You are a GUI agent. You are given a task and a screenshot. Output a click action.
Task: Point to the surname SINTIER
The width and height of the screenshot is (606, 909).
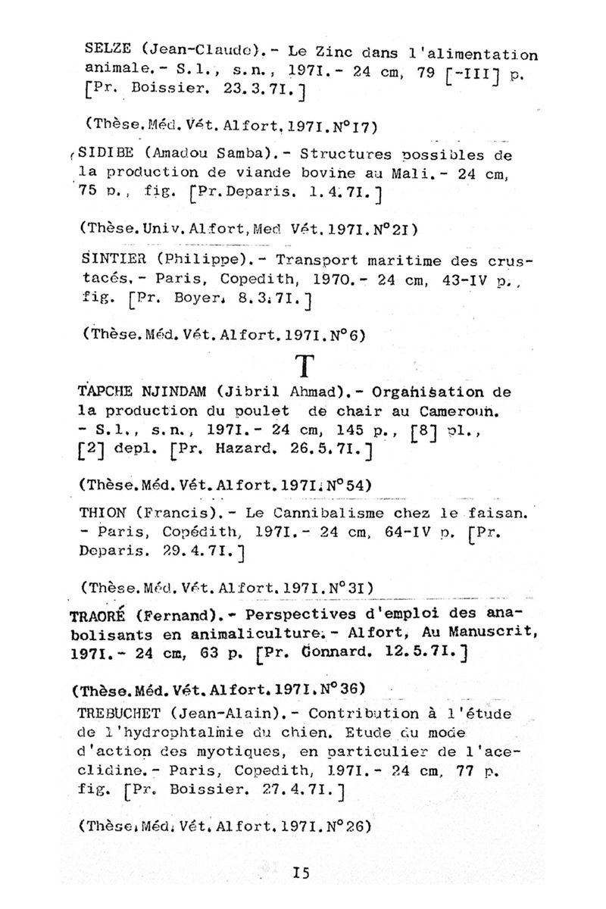(x=111, y=257)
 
